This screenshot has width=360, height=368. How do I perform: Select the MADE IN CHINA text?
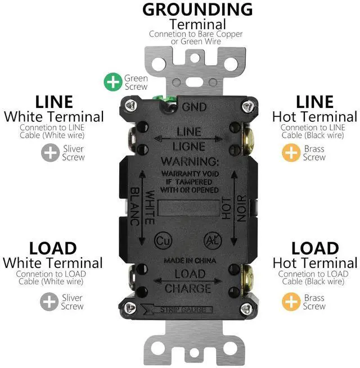coord(187,261)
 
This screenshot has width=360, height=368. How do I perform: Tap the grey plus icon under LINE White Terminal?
coord(50,152)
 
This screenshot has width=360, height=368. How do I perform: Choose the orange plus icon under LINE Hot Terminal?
coord(291,152)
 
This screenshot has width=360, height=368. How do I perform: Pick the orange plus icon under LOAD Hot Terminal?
coord(291,302)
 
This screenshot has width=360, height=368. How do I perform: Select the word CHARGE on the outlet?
coord(188,289)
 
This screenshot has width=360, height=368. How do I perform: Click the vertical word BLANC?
coord(134,207)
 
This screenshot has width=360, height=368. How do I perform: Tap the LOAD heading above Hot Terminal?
coord(314,248)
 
